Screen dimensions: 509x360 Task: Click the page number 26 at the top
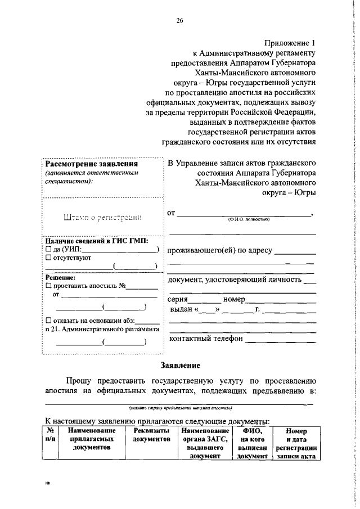pos(180,21)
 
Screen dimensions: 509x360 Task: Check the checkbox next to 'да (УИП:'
pos(48,249)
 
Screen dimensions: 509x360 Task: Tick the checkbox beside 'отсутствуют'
pos(48,258)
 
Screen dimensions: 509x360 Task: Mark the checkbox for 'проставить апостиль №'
pos(48,286)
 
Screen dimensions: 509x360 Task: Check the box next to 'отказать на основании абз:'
pos(48,321)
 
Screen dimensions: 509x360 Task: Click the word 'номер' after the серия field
pos(234,300)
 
